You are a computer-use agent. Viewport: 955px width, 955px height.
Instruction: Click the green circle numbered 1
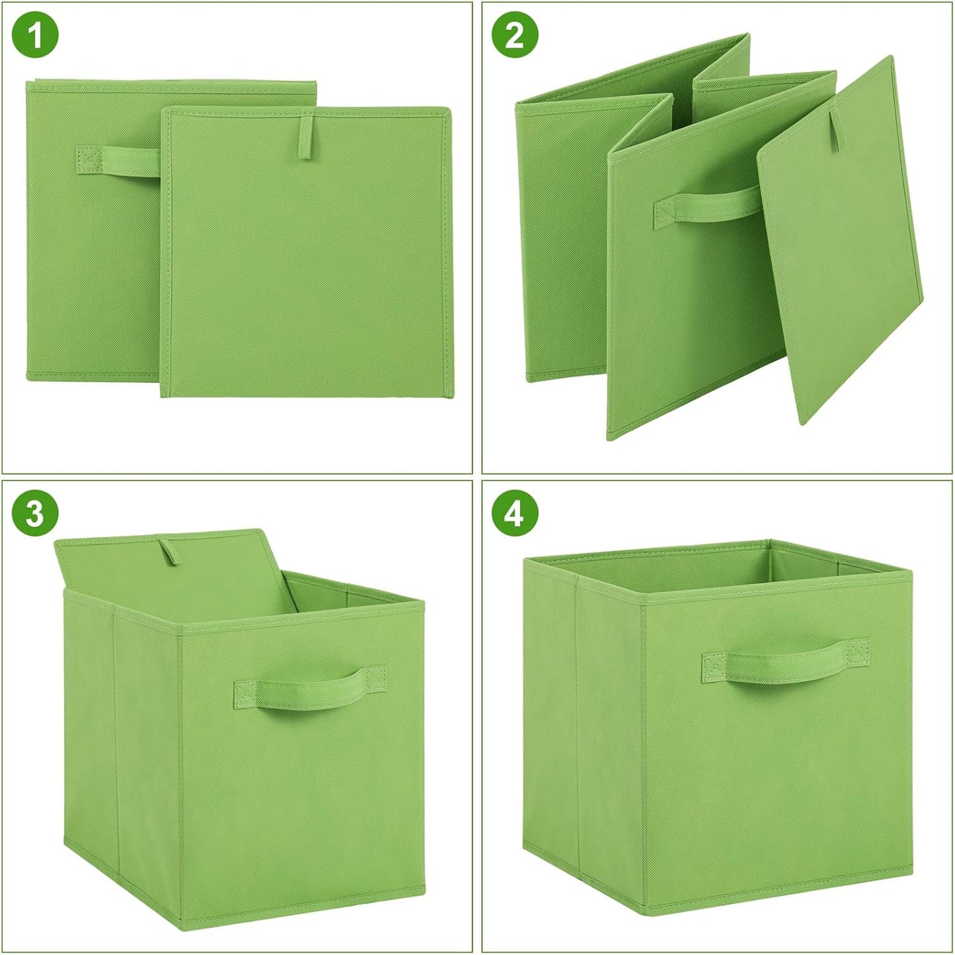[35, 34]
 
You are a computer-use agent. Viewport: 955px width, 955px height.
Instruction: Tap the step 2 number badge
[515, 34]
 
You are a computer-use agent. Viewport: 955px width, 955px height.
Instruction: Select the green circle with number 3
[35, 513]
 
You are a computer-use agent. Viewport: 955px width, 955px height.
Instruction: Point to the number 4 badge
[515, 513]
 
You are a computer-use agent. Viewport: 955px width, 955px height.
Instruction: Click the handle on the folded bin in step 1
[119, 161]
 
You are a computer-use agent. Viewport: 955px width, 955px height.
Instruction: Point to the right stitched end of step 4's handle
[857, 650]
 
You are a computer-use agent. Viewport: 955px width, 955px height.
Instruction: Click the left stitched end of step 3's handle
[246, 694]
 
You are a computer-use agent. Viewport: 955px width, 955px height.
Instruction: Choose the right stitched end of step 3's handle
[375, 678]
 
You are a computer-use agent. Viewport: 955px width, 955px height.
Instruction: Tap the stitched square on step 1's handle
[89, 160]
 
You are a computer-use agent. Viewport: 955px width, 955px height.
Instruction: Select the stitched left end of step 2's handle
[664, 214]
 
